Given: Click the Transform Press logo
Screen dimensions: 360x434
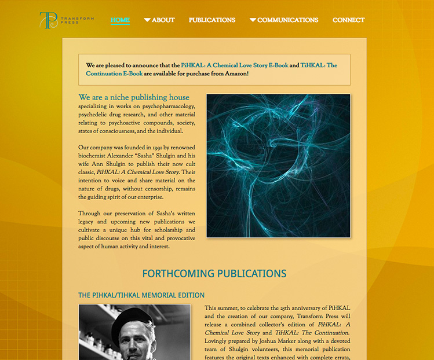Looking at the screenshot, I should tap(66, 20).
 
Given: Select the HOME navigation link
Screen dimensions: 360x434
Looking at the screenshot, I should tap(120, 20).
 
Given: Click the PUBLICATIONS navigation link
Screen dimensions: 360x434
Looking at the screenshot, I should tap(212, 20).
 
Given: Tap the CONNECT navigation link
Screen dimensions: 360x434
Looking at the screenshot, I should tap(348, 20).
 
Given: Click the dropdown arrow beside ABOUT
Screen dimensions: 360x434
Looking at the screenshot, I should tap(147, 20).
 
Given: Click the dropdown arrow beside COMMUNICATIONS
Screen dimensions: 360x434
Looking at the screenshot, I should tap(253, 20).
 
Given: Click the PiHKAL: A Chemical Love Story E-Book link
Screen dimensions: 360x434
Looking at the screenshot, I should tap(234, 65).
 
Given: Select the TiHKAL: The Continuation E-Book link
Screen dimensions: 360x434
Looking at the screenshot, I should tap(114, 74).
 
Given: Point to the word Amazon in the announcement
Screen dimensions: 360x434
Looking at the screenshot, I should tap(235, 74).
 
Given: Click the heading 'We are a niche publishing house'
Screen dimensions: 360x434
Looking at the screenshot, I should tap(134, 97).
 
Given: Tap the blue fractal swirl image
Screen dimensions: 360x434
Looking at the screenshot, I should tap(278, 166).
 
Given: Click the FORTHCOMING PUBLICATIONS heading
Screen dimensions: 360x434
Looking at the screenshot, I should tap(214, 274).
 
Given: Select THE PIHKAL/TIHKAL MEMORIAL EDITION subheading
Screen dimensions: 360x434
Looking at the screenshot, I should tap(141, 295).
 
